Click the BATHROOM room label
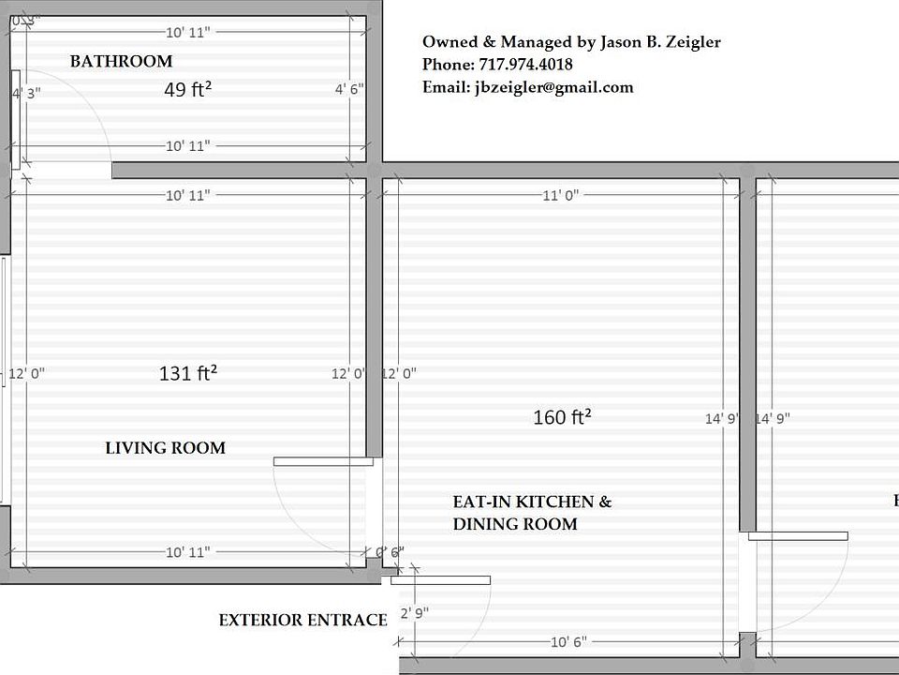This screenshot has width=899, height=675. (x=121, y=62)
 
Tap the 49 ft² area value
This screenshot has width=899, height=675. (x=187, y=90)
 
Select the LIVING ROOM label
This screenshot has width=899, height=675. (x=165, y=448)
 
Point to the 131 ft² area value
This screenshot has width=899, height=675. (x=188, y=373)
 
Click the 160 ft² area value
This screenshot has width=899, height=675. (x=562, y=417)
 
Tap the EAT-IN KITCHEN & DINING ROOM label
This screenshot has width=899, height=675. (x=531, y=513)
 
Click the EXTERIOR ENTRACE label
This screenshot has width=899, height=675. (x=302, y=620)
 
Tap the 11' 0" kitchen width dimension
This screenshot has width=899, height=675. (x=561, y=195)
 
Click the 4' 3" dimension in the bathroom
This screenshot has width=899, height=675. (x=26, y=94)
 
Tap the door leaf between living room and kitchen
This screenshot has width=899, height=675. (x=323, y=461)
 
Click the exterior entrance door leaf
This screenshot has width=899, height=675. (x=441, y=580)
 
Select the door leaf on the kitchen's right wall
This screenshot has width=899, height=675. (x=798, y=536)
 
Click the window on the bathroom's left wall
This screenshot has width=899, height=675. (x=15, y=119)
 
